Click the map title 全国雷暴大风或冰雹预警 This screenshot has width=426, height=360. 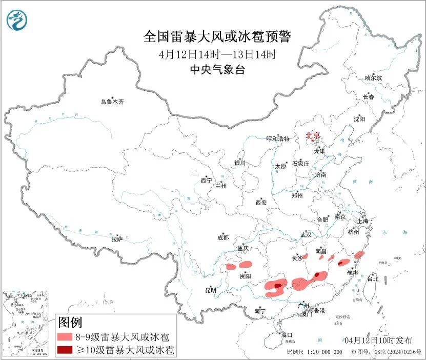217,37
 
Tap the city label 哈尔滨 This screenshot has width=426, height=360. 373,78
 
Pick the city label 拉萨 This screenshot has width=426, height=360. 117,239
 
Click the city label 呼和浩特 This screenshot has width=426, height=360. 278,138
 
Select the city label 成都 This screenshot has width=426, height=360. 223,237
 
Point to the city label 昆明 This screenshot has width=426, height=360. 211,290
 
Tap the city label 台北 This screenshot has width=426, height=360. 372,279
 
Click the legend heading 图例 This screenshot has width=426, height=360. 70,323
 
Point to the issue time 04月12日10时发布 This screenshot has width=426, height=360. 378,340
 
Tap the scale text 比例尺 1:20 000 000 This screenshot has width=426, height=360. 314,352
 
